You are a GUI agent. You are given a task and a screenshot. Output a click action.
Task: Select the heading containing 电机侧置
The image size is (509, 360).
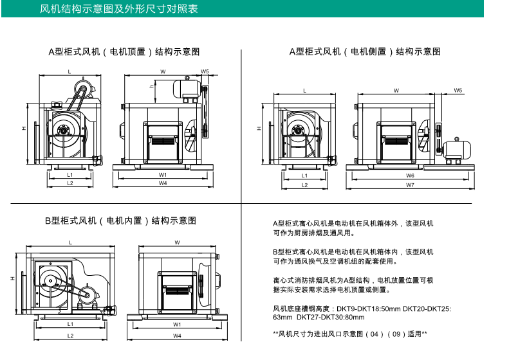pyautogui.click(x=365, y=51)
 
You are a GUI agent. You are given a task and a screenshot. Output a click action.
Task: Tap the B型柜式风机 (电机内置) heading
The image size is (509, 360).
pyautogui.click(x=120, y=221)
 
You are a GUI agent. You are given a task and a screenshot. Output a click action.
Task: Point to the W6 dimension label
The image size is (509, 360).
pyautogui.click(x=410, y=175)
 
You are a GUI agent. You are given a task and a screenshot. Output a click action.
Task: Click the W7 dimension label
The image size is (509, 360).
pyautogui.click(x=410, y=185)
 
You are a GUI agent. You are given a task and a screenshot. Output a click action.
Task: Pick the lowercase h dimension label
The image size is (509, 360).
pyautogui.click(x=151, y=86)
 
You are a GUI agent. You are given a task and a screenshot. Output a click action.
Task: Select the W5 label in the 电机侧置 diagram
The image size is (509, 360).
pyautogui.click(x=458, y=91)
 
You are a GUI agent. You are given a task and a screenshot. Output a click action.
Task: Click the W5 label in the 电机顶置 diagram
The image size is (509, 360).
pyautogui.click(x=205, y=71)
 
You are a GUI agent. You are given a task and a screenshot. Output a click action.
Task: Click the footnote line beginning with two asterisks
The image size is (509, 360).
pyautogui.click(x=350, y=334)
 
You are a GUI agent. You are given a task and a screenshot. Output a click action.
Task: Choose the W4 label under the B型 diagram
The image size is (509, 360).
pyautogui.click(x=177, y=336)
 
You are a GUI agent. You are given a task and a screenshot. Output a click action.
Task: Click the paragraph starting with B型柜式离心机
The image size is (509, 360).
pyautogui.click(x=353, y=256)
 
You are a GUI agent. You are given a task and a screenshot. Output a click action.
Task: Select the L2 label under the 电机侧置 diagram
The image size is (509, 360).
pyautogui.click(x=304, y=184)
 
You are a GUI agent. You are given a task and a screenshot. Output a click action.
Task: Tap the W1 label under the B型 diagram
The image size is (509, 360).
pyautogui.click(x=177, y=325)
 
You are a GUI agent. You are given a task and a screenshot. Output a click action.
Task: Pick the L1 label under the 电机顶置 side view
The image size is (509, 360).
pyautogui.click(x=69, y=174)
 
